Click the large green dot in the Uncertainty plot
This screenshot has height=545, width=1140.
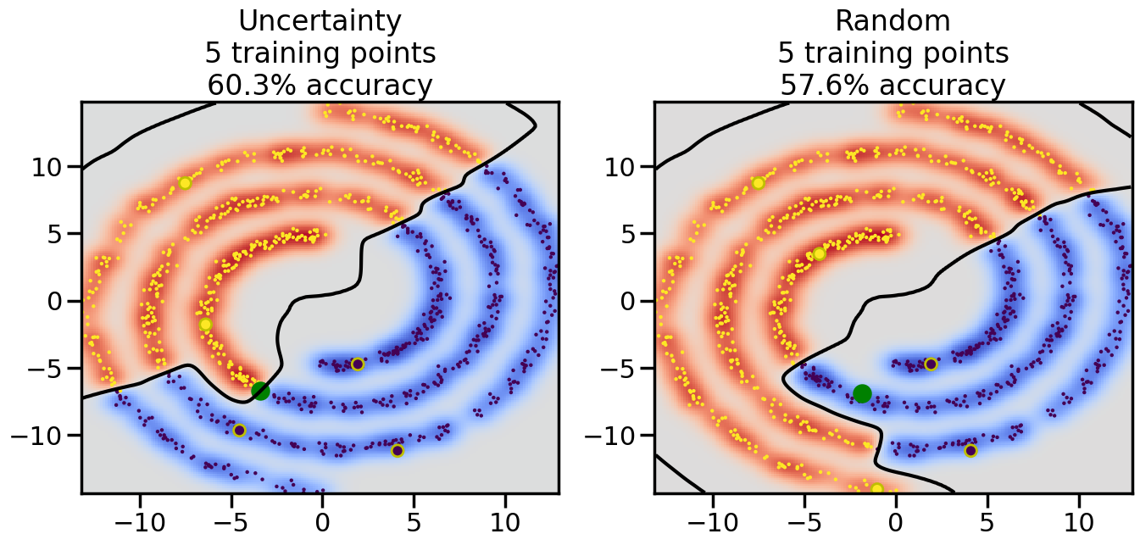point(260,391)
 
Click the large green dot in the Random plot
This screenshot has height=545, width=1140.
point(862,393)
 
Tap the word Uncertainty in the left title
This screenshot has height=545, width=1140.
point(320,20)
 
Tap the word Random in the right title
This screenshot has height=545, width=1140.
point(893,20)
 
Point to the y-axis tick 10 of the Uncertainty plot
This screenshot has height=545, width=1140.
point(49,166)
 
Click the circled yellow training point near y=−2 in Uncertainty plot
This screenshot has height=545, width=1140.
point(205,325)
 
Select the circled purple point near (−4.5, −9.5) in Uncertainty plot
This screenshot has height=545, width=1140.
point(239,431)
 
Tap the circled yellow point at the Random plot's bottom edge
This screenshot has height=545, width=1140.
point(877,489)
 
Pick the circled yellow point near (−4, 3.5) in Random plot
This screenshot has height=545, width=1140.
point(819,253)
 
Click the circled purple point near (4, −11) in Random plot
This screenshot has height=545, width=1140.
point(970,450)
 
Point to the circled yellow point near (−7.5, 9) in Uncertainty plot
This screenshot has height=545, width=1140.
point(185,183)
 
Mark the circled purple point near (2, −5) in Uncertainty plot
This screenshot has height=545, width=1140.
point(358,364)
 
